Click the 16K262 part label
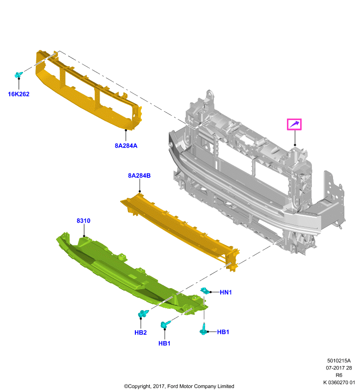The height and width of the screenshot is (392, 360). pyautogui.click(x=19, y=94)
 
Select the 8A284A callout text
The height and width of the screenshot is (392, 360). pyautogui.click(x=126, y=146)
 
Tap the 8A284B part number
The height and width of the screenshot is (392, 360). pyautogui.click(x=139, y=175)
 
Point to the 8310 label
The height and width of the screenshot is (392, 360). pyautogui.click(x=83, y=220)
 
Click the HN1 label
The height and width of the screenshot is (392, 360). pyautogui.click(x=226, y=292)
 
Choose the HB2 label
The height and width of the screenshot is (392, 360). pyautogui.click(x=140, y=333)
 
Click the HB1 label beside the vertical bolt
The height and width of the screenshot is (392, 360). pyautogui.click(x=223, y=332)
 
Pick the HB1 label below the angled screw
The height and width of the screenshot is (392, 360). pyautogui.click(x=164, y=343)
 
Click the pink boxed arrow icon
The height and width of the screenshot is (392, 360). pyautogui.click(x=294, y=124)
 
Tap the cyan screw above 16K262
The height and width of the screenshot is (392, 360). pyautogui.click(x=19, y=74)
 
